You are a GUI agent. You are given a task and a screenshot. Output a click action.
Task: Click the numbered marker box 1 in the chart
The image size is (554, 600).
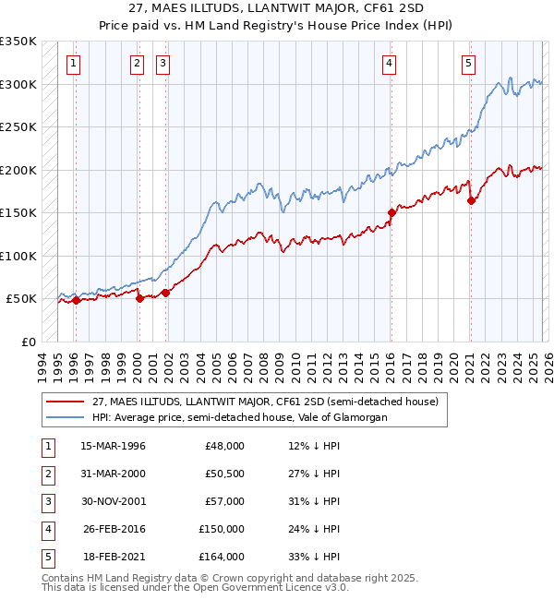click(x=73, y=64)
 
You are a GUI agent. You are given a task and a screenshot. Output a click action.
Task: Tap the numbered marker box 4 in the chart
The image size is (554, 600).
click(x=390, y=64)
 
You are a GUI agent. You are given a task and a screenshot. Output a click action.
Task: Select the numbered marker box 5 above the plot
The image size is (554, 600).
click(x=469, y=64)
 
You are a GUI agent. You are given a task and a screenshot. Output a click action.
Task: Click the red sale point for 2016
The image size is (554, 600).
click(x=391, y=212)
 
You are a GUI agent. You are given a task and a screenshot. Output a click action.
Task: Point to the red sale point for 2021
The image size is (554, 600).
click(x=471, y=200)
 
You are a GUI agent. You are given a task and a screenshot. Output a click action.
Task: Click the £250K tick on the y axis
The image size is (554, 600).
click(x=18, y=127)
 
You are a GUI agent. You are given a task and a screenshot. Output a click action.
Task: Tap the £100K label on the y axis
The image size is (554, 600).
click(x=18, y=256)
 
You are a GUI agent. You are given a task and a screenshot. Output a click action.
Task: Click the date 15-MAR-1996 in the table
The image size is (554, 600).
click(x=114, y=446)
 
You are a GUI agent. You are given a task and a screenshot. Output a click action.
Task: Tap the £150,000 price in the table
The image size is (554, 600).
click(x=222, y=529)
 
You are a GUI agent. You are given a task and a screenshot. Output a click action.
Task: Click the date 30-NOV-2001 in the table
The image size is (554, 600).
click(x=114, y=501)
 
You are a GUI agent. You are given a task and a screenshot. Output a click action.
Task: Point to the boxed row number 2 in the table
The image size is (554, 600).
click(x=45, y=474)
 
